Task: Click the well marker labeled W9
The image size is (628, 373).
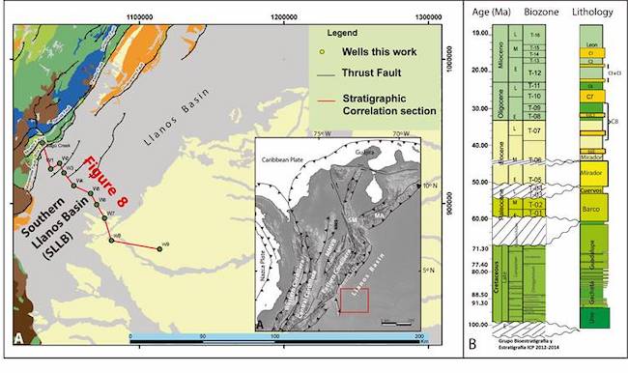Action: pos(159,247)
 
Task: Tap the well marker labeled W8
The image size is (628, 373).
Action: pos(112,240)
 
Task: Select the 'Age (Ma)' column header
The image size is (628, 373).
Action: pos(483,14)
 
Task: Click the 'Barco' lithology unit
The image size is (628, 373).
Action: pos(592,208)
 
